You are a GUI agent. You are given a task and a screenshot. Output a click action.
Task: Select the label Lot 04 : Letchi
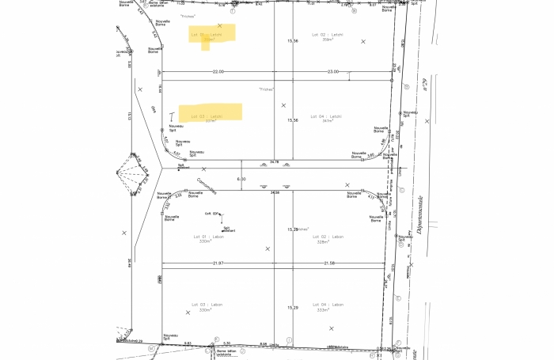click(326, 116)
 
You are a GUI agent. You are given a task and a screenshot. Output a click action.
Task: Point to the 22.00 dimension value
click(218, 71)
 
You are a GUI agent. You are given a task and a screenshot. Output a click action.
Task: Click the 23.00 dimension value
click(334, 71)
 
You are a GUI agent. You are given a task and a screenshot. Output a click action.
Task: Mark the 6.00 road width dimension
click(242, 179)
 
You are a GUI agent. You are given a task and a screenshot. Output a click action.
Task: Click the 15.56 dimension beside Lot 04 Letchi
click(293, 120)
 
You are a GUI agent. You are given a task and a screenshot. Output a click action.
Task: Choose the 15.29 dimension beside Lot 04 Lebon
click(292, 307)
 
